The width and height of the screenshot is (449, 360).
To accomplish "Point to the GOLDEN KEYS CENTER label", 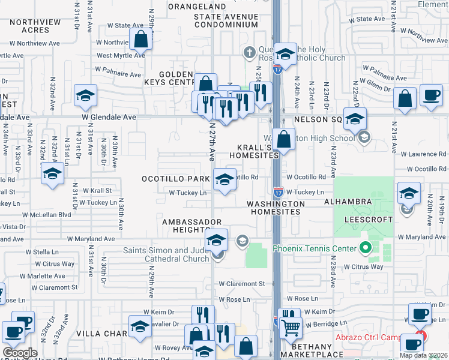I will [x=176, y=78].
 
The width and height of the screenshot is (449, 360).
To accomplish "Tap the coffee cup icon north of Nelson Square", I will [x=430, y=96].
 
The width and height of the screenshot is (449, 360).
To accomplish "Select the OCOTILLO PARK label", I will [x=175, y=179].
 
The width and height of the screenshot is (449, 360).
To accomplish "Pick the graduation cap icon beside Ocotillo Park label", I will [x=224, y=179].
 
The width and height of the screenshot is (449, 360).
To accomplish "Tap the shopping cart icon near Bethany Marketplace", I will [x=291, y=328].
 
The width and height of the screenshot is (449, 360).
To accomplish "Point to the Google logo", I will [x=20, y=353].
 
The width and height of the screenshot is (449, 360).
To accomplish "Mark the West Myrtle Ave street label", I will [x=121, y=55].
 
